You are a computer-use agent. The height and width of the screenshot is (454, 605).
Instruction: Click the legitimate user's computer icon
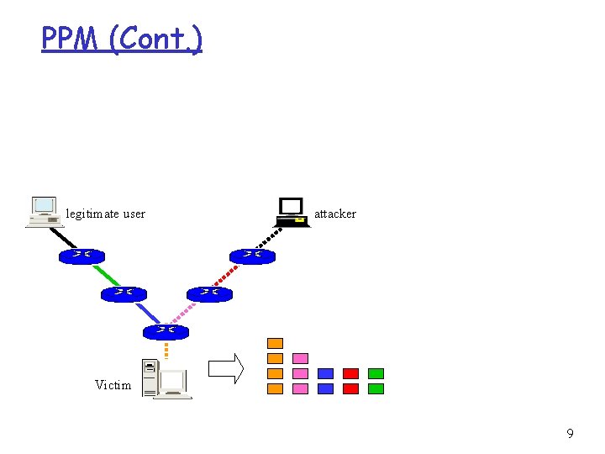click(x=45, y=212)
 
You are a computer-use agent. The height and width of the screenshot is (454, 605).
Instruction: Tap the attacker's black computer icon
click(x=291, y=212)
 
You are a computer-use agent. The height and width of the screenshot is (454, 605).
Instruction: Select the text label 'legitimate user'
click(x=106, y=214)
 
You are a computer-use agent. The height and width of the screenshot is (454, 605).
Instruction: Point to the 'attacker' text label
click(x=335, y=214)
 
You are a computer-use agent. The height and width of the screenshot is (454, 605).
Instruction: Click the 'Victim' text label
click(x=113, y=385)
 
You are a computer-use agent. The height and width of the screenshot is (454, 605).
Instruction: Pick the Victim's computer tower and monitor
click(x=165, y=379)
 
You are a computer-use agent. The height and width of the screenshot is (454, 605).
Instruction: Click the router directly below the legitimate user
click(x=82, y=256)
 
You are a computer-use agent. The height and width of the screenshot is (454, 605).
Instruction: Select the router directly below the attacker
click(x=252, y=256)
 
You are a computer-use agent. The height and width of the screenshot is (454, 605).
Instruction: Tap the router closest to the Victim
click(x=166, y=331)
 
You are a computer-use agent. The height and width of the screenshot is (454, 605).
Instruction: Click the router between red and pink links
click(x=209, y=293)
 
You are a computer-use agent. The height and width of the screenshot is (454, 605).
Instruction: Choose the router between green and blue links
click(x=124, y=293)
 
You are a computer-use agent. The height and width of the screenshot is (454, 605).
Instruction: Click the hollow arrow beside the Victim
click(x=225, y=368)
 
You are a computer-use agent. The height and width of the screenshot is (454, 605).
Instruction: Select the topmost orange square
click(x=275, y=343)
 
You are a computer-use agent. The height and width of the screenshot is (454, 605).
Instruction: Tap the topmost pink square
click(x=300, y=358)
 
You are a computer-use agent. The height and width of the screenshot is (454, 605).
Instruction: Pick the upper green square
click(x=376, y=373)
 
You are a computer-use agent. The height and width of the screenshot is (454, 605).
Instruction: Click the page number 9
click(x=571, y=434)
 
